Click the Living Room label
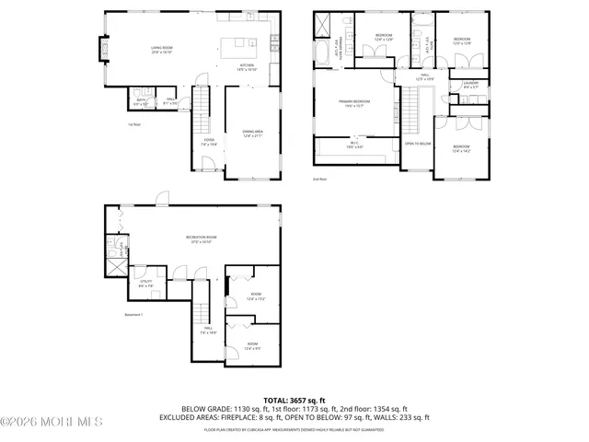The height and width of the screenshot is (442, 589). pyautogui.click(x=162, y=50)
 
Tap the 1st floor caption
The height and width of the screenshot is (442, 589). pyautogui.click(x=135, y=124)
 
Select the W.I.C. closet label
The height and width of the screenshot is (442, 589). pyautogui.click(x=354, y=145)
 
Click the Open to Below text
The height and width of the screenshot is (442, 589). pyautogui.click(x=417, y=144)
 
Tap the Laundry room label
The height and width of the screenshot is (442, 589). pyautogui.click(x=469, y=87)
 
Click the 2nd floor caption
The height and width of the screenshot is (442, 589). pyautogui.click(x=319, y=179)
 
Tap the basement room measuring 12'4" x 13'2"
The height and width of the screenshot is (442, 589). pyautogui.click(x=255, y=297)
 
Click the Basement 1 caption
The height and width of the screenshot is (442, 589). pyautogui.click(x=135, y=315)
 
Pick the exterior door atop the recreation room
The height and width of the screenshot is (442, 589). pyautogui.click(x=161, y=198)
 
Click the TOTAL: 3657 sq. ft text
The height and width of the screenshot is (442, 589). pyautogui.click(x=294, y=401)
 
